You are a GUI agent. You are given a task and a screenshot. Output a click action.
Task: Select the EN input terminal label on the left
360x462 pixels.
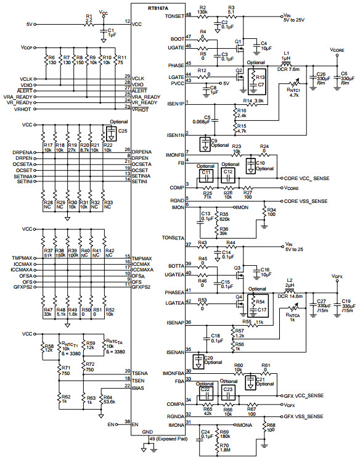click(x=111, y=424)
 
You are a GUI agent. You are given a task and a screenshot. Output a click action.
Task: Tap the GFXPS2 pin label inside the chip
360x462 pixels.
click(x=142, y=286)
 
